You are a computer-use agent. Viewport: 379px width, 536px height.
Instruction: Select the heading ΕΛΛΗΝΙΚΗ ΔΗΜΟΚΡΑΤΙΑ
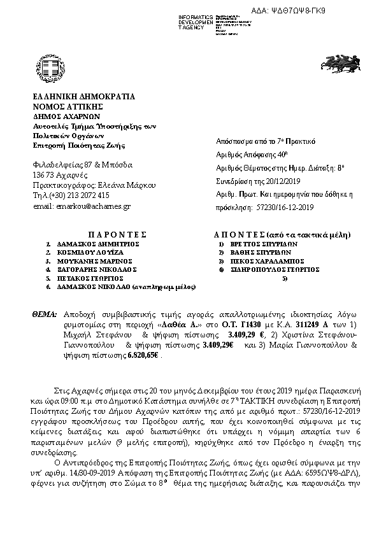(83, 97)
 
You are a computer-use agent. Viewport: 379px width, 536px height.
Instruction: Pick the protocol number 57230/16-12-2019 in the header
(284, 207)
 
